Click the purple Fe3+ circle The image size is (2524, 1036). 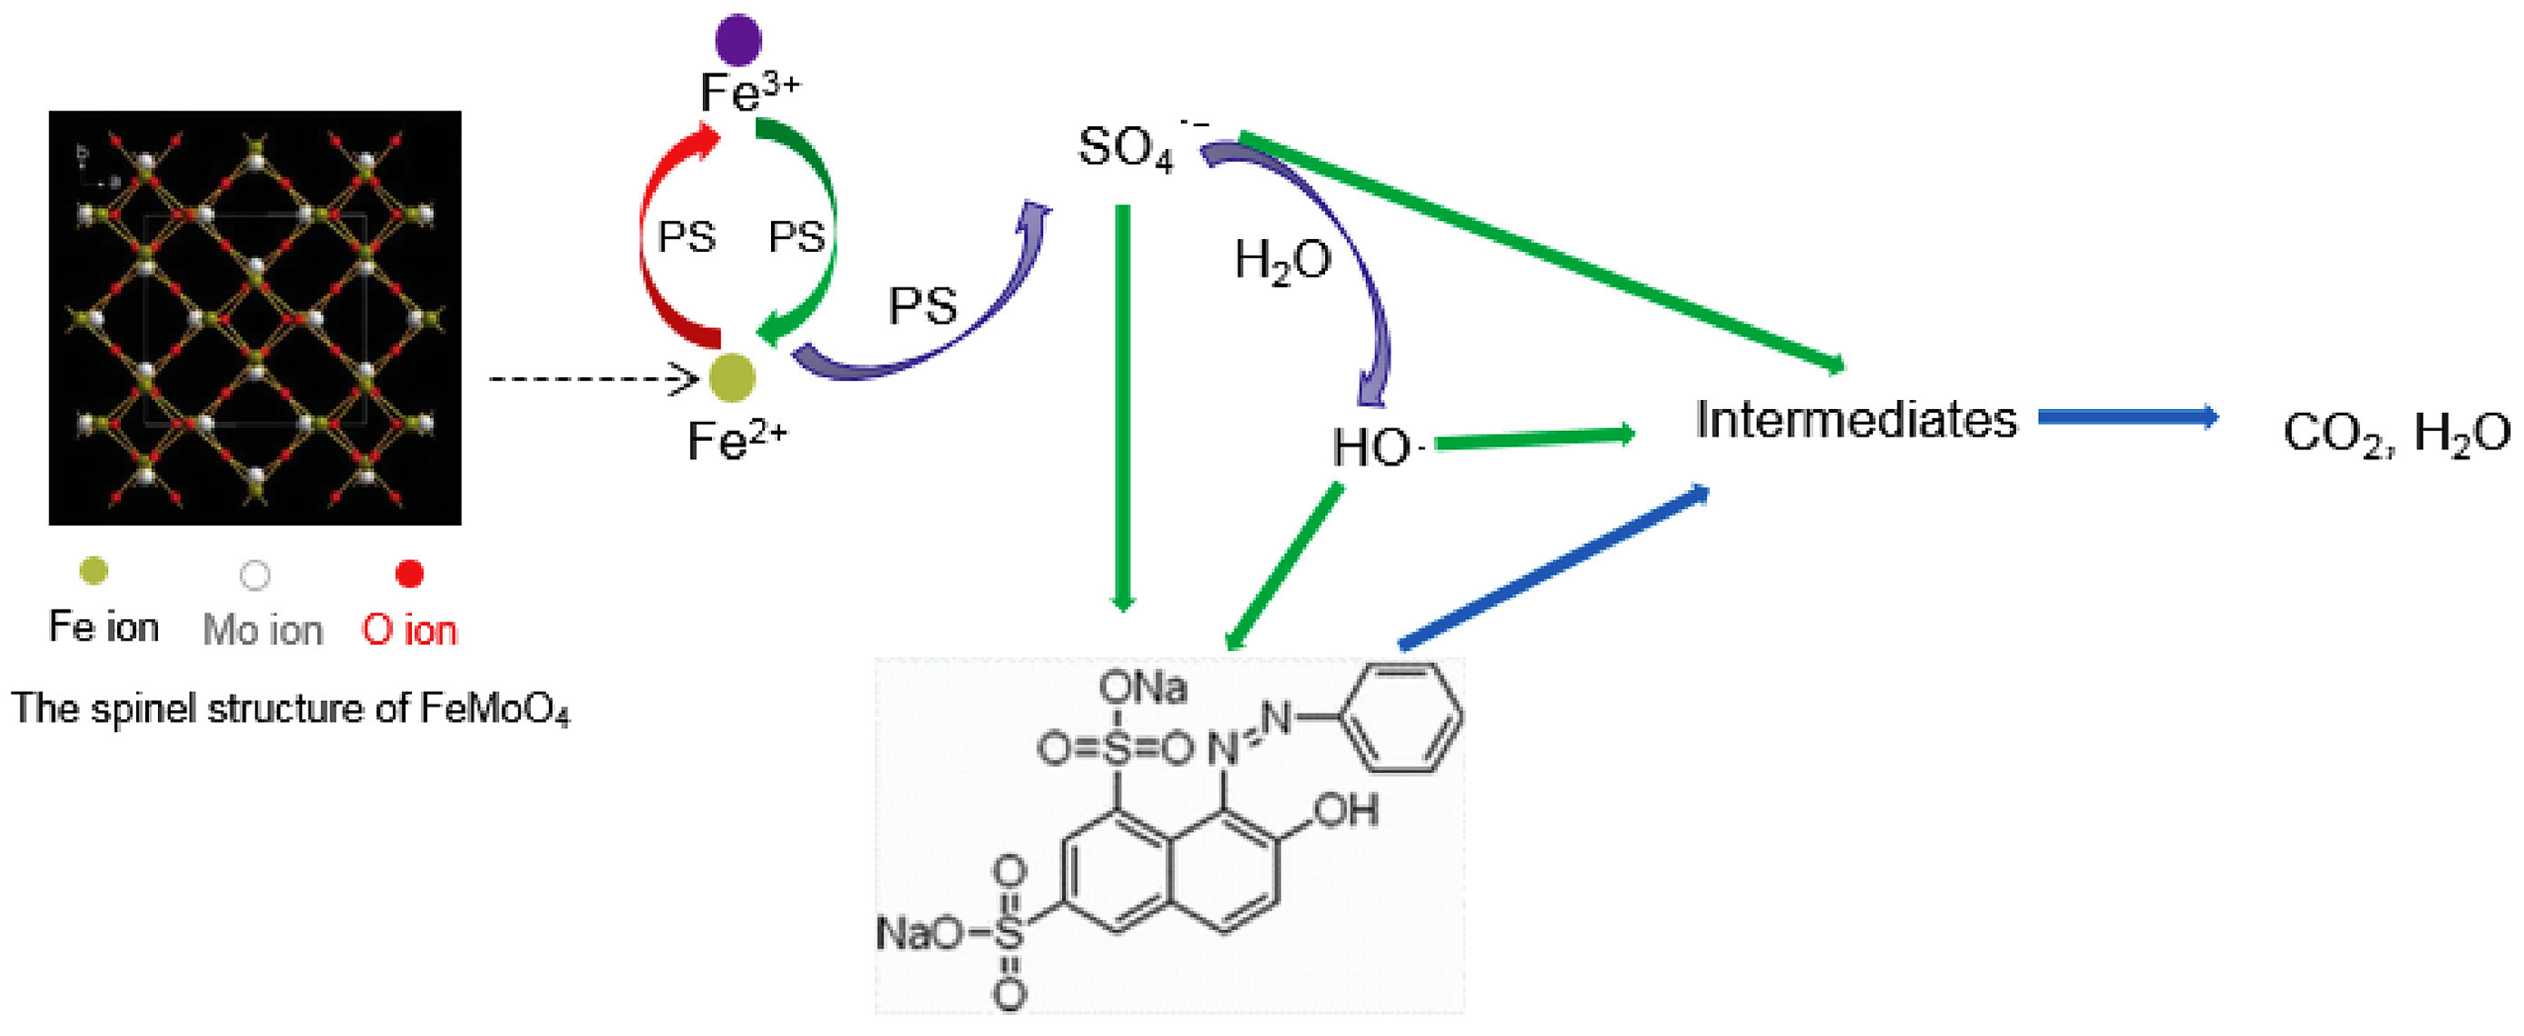(x=738, y=40)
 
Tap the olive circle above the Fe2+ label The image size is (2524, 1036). (x=731, y=378)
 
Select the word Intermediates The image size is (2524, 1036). (x=1856, y=420)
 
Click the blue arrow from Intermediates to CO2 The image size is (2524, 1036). (x=2127, y=417)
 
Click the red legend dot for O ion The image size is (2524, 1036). (x=409, y=573)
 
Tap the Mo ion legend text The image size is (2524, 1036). (x=262, y=630)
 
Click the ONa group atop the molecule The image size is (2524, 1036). (x=1142, y=688)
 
